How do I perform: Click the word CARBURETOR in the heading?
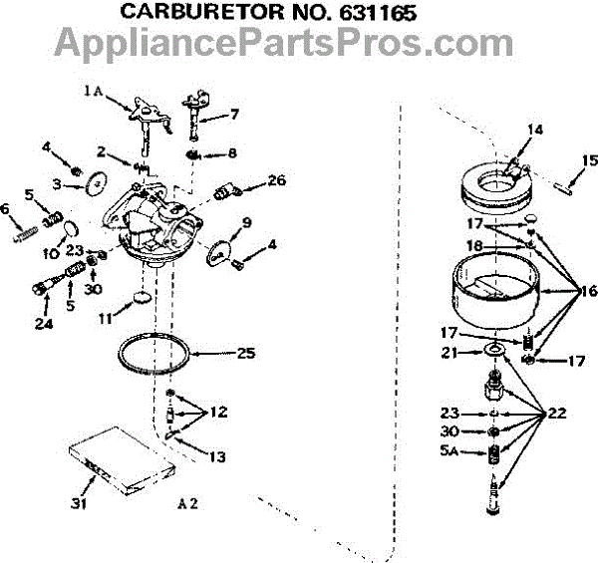191,13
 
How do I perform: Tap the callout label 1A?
94,91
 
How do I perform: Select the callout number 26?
276,180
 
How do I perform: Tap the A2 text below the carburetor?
187,503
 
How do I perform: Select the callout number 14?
535,130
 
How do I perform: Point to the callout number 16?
587,291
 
